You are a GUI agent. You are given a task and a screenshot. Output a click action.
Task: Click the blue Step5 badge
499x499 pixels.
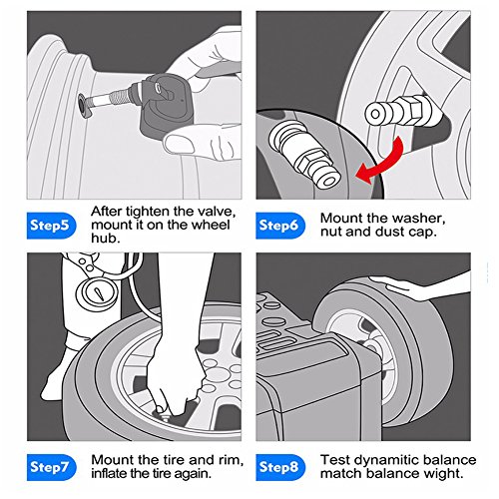point(51,226)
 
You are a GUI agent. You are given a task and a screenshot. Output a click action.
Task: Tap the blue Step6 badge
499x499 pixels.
point(280,226)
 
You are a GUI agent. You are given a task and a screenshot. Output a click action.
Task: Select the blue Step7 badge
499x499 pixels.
point(51,467)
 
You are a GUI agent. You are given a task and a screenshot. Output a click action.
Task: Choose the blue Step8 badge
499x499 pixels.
point(280,467)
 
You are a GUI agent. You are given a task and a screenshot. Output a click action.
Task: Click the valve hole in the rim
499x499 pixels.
point(82,106)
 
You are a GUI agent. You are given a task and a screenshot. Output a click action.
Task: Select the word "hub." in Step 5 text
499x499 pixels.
point(105,239)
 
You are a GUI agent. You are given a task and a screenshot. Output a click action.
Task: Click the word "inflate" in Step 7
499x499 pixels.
point(109,473)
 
